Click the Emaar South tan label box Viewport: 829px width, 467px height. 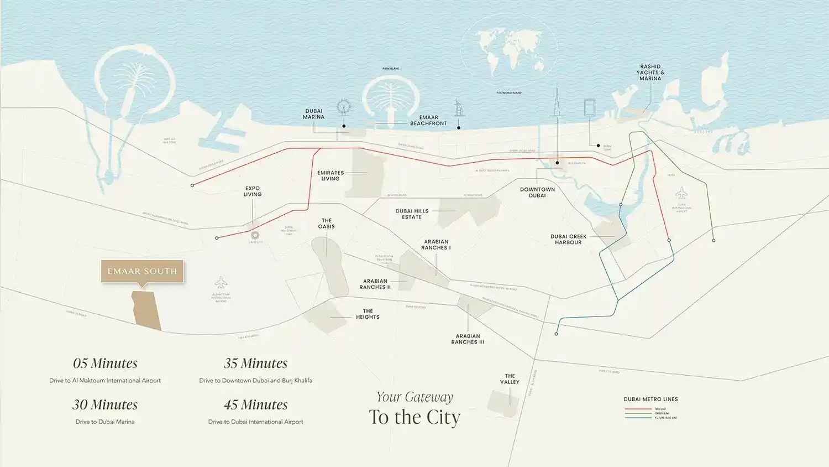pos(142,271)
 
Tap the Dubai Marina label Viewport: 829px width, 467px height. pos(314,114)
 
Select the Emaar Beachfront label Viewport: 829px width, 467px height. pos(428,121)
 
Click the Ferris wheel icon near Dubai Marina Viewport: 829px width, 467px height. pos(343,107)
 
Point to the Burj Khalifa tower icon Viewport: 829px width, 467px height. pos(557,105)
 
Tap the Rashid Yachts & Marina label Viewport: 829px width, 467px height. pos(650,72)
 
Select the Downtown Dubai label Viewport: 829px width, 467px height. pos(537,192)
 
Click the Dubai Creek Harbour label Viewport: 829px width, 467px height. pos(568,239)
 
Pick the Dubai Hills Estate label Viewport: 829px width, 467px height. pos(412,214)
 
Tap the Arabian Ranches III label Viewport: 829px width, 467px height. pos(468,339)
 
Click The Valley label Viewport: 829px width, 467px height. pos(510,379)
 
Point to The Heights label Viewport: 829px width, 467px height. pos(368,314)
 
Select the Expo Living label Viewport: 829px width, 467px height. pos(253,191)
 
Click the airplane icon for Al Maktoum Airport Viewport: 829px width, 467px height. pos(221,282)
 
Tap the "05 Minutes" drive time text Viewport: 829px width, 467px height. pos(105,364)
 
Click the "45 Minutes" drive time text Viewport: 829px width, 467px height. pos(255,405)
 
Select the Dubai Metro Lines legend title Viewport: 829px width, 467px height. pos(650,399)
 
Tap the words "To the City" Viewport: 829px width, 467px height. pos(414,417)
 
